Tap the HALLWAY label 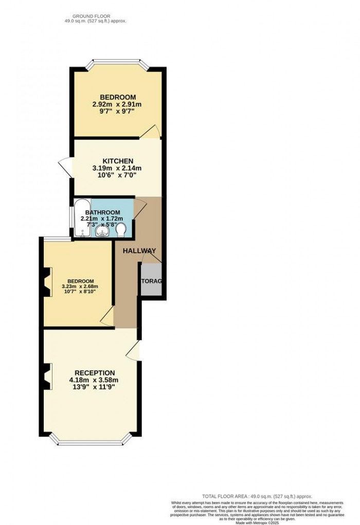click(139, 251)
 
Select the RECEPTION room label click(95, 373)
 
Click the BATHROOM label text click(103, 213)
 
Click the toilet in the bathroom click(121, 230)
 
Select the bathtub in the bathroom click(82, 219)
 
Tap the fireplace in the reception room click(47, 377)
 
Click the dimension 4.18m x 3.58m click(95, 381)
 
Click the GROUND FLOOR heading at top click(92, 16)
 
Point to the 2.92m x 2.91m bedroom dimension click(117, 104)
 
